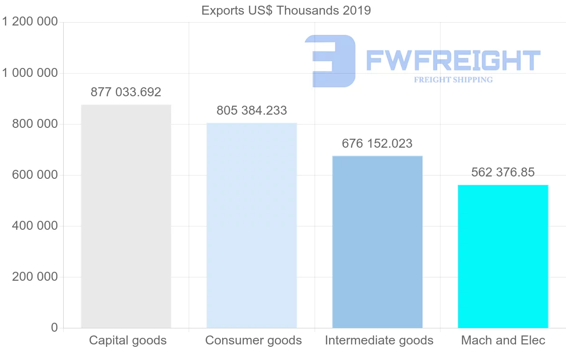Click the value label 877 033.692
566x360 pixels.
tap(126, 92)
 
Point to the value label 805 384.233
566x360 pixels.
tap(252, 110)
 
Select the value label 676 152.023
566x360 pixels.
tap(377, 143)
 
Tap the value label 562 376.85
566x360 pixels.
tap(503, 172)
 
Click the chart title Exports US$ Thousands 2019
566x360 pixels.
tap(286, 10)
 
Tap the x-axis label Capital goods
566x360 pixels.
tap(128, 340)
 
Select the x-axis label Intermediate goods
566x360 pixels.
tap(379, 340)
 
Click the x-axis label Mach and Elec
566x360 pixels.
tap(503, 340)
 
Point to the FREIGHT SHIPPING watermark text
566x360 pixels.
tap(453, 80)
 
